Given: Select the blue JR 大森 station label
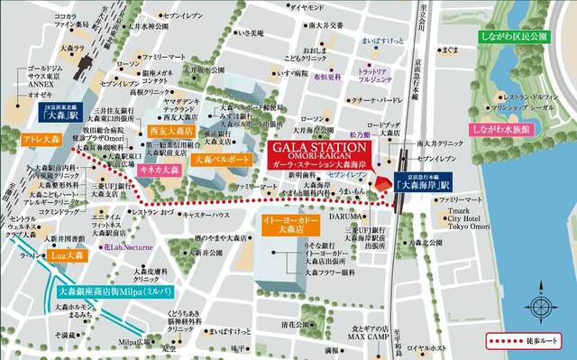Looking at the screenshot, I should (62, 115).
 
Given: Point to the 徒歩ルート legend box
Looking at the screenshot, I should (525, 342).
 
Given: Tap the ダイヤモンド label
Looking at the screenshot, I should (307, 8).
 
